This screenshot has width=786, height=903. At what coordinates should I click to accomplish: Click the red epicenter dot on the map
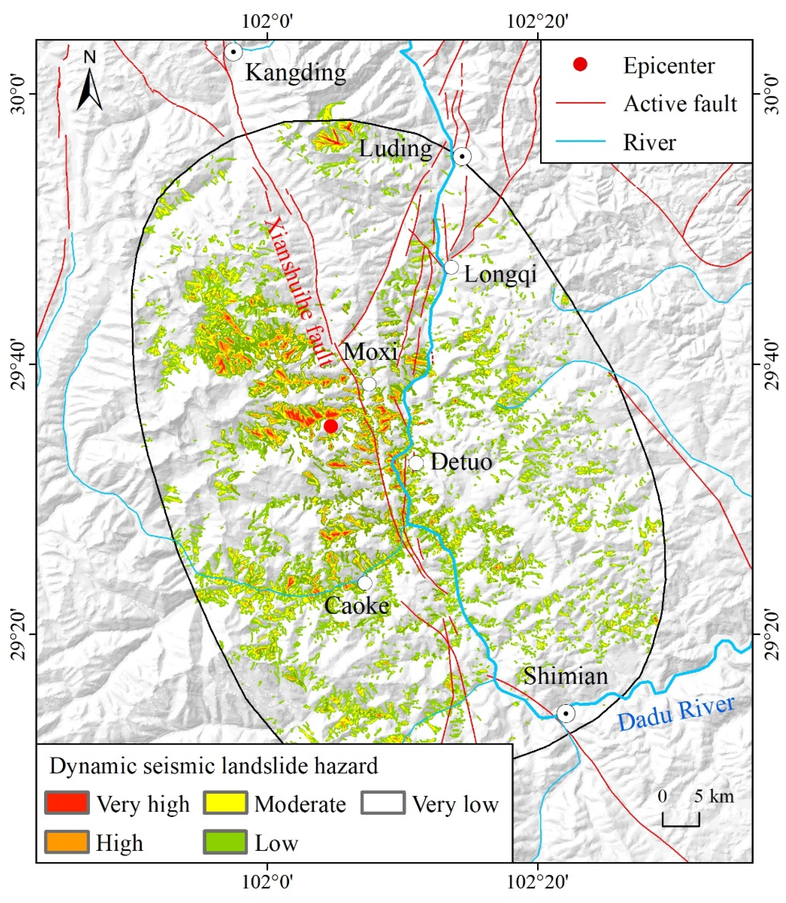(x=331, y=426)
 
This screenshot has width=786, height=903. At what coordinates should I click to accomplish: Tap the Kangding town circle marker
(x=234, y=52)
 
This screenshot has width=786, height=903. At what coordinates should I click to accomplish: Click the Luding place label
(x=396, y=149)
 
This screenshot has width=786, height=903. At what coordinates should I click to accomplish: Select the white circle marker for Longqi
(x=451, y=267)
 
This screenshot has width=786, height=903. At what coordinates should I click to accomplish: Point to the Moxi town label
(x=371, y=351)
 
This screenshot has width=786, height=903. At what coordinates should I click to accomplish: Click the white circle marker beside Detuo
(x=416, y=463)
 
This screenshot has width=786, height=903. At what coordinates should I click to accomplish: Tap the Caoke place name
(x=357, y=606)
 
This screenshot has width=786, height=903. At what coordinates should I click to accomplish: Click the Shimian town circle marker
(x=566, y=713)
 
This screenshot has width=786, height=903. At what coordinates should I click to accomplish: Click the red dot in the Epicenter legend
(x=580, y=65)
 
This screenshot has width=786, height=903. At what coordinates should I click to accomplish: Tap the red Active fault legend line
(x=580, y=104)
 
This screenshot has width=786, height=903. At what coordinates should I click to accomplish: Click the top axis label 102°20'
(x=538, y=21)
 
